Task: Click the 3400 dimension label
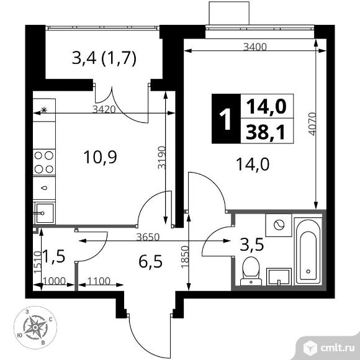(x=255, y=47)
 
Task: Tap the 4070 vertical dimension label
(x=312, y=124)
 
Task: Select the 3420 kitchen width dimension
(x=104, y=109)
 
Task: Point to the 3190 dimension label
(x=161, y=157)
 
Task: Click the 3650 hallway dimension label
(x=148, y=237)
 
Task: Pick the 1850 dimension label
(x=185, y=257)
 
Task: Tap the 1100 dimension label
(x=99, y=281)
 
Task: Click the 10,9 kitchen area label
(x=101, y=157)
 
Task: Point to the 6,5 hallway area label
(x=151, y=262)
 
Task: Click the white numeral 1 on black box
(x=225, y=119)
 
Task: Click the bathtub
(x=308, y=251)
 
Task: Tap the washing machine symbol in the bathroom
(x=279, y=225)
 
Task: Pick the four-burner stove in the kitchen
(x=44, y=163)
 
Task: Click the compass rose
(x=35, y=326)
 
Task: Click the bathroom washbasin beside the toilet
(x=279, y=277)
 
